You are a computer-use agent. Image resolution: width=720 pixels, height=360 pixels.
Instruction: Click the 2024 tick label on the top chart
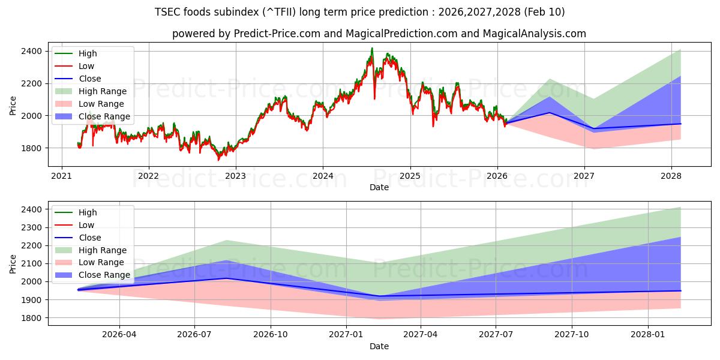pos(323,176)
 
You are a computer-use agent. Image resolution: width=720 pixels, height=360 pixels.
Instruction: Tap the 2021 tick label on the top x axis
pos(61,176)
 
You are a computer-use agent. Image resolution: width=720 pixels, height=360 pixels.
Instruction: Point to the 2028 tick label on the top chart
pos(671,176)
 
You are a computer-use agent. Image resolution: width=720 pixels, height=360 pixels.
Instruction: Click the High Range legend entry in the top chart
pos(102,91)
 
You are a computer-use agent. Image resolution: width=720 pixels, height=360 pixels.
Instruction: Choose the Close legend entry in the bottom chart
pos(89,238)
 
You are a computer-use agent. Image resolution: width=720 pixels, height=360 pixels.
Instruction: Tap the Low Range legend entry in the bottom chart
pos(101,262)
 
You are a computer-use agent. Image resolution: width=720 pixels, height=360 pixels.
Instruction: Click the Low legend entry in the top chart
pos(86,66)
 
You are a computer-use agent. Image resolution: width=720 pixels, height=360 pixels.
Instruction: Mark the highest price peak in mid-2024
pos(372,48)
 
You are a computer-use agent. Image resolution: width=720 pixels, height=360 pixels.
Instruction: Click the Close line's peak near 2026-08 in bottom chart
pos(227,278)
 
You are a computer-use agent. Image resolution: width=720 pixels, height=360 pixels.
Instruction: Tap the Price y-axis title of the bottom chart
pos(13,263)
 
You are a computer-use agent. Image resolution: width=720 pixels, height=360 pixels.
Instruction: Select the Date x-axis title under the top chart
pos(379,188)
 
